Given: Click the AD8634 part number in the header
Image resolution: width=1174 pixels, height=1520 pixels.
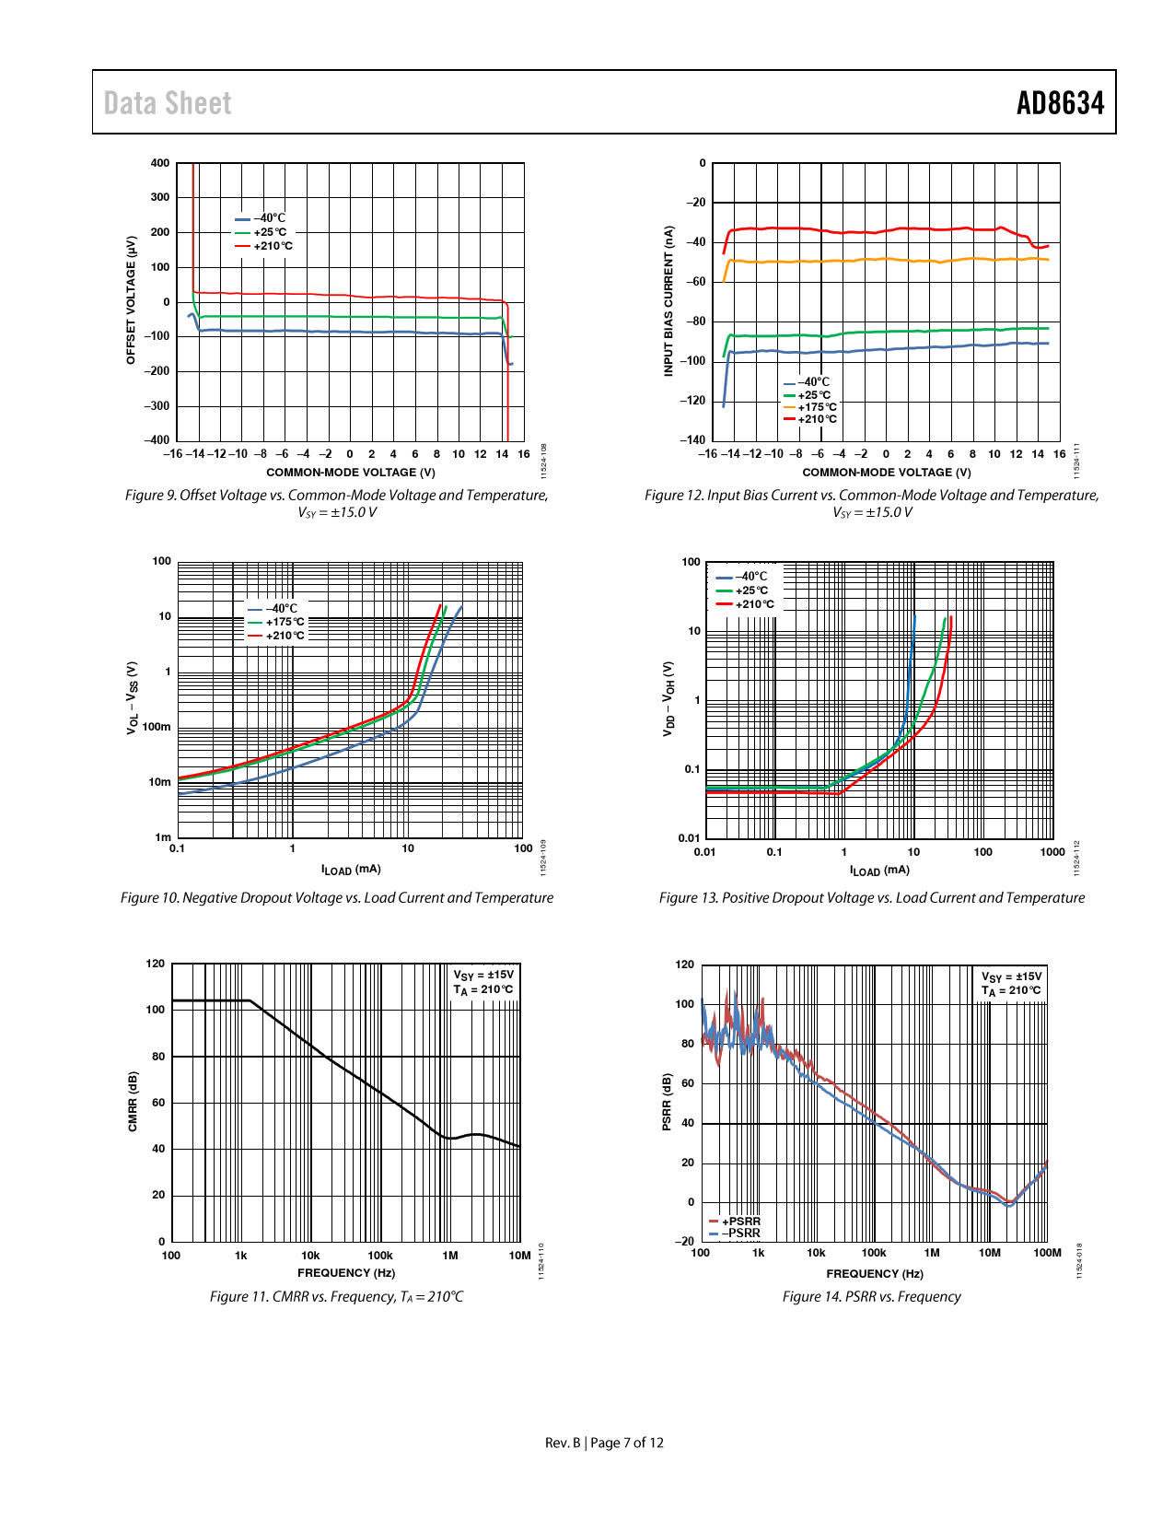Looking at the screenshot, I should (1060, 103).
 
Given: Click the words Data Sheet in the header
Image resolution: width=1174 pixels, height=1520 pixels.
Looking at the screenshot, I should (168, 103).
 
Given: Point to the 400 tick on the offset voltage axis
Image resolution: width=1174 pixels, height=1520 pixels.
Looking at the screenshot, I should (160, 163).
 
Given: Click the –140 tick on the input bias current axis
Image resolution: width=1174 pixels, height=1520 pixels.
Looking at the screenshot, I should (692, 440).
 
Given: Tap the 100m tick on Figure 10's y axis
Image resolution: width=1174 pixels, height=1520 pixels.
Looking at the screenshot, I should (157, 727).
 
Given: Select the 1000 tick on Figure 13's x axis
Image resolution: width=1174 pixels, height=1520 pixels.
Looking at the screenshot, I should (1052, 852).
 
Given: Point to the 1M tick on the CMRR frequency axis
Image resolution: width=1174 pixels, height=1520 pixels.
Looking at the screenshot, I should (450, 1256).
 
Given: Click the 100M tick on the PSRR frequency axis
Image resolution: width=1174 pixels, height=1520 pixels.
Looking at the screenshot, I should (1048, 1253).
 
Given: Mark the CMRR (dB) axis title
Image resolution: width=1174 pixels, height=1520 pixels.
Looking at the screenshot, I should (133, 1102).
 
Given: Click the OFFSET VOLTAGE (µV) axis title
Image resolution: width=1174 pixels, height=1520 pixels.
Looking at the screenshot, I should (131, 300).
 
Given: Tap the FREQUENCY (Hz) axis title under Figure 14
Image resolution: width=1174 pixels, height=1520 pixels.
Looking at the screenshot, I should (875, 1274).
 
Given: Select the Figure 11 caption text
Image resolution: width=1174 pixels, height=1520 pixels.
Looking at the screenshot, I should (337, 1297).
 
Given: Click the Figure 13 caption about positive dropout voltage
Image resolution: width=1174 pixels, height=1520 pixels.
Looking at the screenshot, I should (872, 898).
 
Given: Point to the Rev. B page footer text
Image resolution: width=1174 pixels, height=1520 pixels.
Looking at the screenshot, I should (604, 1443).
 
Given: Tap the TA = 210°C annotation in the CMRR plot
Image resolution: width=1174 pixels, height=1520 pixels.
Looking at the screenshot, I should (483, 990).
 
